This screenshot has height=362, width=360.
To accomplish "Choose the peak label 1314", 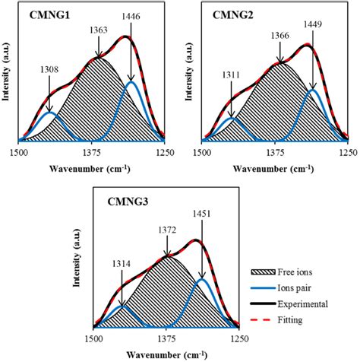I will (122, 264).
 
